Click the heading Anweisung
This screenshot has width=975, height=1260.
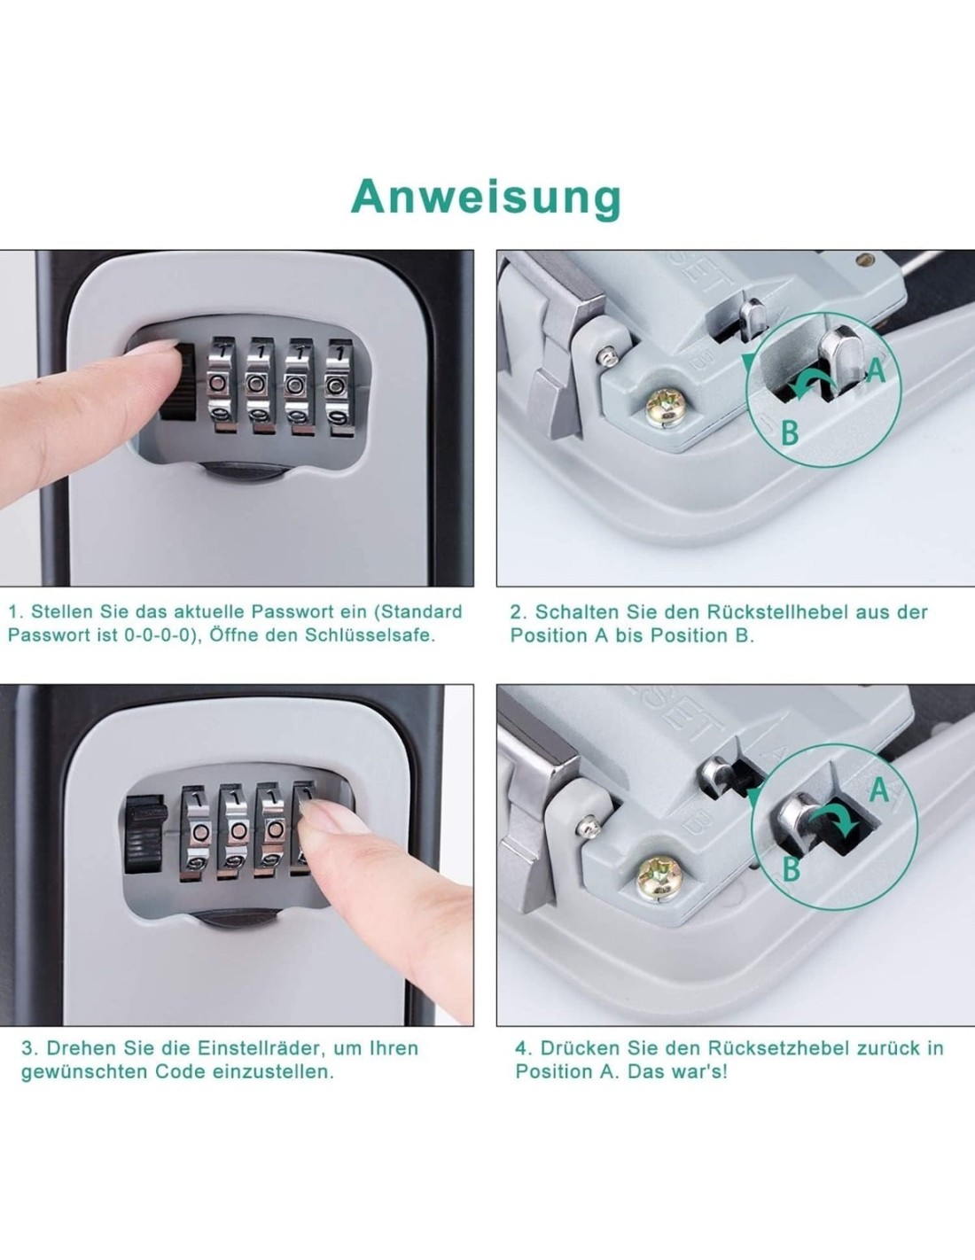(486, 198)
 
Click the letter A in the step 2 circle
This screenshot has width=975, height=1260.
(876, 370)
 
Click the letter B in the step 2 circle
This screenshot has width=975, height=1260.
(790, 433)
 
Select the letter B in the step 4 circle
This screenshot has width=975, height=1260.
(792, 869)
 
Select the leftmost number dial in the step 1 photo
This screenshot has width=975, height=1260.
(221, 385)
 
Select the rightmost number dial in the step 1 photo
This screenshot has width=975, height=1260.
(339, 387)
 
